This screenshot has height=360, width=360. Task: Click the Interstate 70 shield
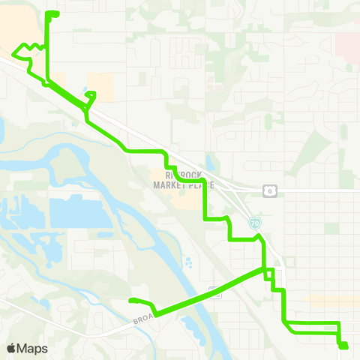click(x=256, y=223)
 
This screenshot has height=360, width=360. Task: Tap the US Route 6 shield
click(x=268, y=191)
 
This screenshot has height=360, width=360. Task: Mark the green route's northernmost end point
click(x=52, y=13)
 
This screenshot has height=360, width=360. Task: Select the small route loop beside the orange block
click(x=91, y=95)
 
